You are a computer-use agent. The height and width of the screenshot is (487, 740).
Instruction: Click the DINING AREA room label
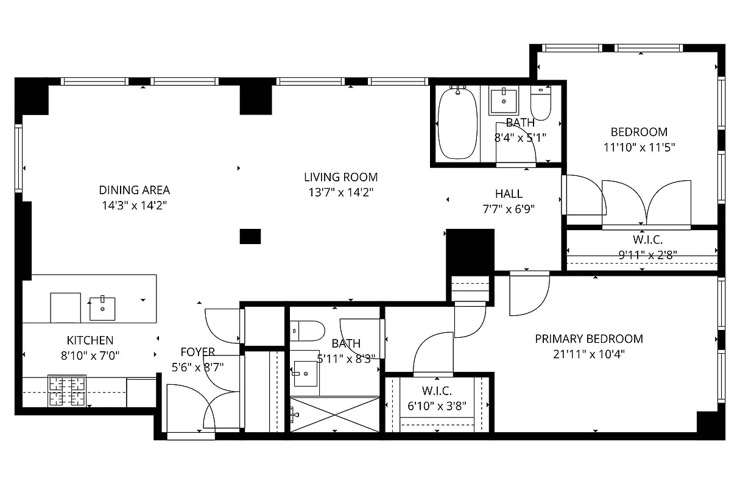pyautogui.click(x=134, y=190)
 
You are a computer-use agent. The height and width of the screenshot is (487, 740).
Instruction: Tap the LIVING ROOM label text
pyautogui.click(x=340, y=177)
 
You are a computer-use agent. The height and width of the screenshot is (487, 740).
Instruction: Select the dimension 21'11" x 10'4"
pyautogui.click(x=589, y=354)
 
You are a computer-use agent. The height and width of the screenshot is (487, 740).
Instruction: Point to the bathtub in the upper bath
pyautogui.click(x=457, y=124)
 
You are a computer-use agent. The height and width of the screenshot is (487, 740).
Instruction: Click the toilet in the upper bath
pyautogui.click(x=541, y=104)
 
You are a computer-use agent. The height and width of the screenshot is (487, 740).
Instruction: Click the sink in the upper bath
pyautogui.click(x=504, y=101)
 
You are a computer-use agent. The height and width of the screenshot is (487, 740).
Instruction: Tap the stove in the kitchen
pyautogui.click(x=67, y=390)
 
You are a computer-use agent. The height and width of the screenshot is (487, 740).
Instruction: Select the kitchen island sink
pyautogui.click(x=102, y=308)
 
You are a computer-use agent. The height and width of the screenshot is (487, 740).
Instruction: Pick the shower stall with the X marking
pyautogui.click(x=334, y=415)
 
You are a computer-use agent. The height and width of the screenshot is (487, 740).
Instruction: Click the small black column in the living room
pyautogui.click(x=250, y=236)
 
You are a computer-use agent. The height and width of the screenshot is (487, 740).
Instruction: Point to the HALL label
pyautogui.click(x=509, y=194)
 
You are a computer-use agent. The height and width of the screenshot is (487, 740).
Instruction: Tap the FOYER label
pyautogui.click(x=197, y=352)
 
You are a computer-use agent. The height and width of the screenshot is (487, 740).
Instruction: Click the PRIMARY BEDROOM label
pyautogui.click(x=589, y=338)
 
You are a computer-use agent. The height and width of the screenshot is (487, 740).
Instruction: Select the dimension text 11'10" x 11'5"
pyautogui.click(x=639, y=147)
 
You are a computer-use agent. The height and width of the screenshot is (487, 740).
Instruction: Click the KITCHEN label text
pyautogui.click(x=90, y=340)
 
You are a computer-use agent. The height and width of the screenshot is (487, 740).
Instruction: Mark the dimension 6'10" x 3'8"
pyautogui.click(x=437, y=405)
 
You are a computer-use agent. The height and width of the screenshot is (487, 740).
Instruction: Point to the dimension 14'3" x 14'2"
pyautogui.click(x=134, y=205)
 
